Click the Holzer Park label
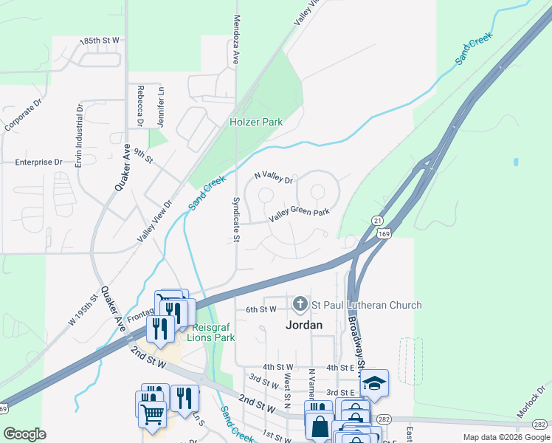click(256, 122)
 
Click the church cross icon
click(300, 303)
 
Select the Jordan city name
click(304, 325)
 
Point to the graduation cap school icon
click(375, 383)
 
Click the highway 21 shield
click(377, 221)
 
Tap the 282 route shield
click(540, 424)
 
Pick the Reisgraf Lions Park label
click(213, 332)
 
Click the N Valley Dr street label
click(273, 178)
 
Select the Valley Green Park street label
click(299, 213)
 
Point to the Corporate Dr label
click(20, 117)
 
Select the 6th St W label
click(261, 309)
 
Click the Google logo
click(24, 434)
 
